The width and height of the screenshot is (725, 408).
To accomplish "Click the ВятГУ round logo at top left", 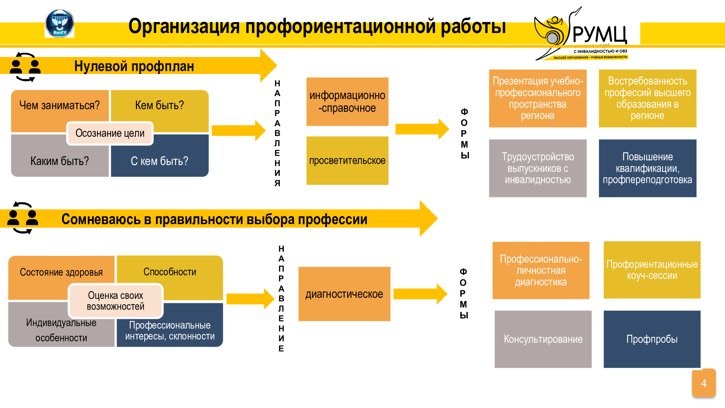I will (x=59, y=24).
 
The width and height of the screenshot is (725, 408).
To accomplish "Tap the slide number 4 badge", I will (x=704, y=383).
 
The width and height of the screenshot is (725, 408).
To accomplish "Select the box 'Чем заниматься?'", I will (x=59, y=106).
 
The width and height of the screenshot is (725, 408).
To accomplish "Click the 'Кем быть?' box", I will (x=159, y=106).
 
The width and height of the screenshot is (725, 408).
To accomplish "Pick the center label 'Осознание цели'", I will (x=110, y=133).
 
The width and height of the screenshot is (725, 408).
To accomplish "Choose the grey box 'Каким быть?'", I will (x=59, y=161).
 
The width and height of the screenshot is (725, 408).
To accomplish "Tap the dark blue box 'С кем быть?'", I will (x=159, y=161).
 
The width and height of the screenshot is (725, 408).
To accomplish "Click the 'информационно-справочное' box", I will (x=347, y=102).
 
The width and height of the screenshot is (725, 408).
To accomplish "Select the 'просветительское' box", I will (x=347, y=161).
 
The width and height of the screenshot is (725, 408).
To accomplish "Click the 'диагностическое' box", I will (x=344, y=294).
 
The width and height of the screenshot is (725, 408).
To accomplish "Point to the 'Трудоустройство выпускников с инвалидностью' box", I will (x=538, y=168).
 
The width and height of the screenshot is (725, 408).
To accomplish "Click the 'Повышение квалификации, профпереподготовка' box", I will (x=647, y=168).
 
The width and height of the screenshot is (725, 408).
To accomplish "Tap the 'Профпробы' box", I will (x=652, y=339).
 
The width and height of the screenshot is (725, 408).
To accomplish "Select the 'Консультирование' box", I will (x=543, y=339).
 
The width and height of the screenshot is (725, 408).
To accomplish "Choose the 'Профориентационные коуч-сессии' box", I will (x=652, y=270).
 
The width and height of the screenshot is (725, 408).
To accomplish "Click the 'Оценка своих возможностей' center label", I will (x=116, y=301).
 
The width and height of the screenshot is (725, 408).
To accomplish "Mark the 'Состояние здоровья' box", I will (x=61, y=272).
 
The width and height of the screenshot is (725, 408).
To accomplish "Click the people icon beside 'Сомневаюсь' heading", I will (x=23, y=218).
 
